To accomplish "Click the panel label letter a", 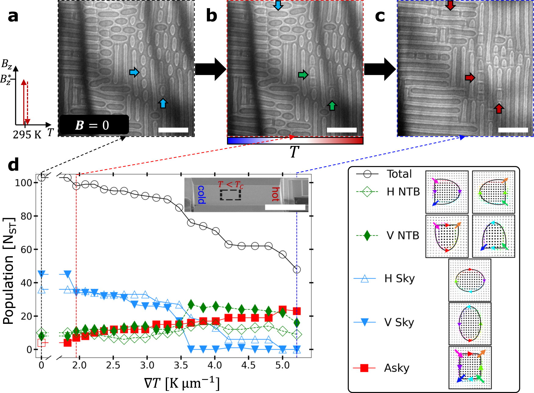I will tap(13, 16).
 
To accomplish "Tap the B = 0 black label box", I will tap(94, 125).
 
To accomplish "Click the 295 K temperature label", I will tap(27, 135).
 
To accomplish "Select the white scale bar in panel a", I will tap(173, 130).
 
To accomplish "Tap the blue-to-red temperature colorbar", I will tap(295, 140).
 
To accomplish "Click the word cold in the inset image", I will tap(201, 195).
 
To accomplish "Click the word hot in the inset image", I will tap(275, 194).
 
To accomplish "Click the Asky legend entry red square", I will tap(364, 368).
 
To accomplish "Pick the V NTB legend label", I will tap(403, 235).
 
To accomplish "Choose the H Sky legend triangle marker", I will tap(364, 278).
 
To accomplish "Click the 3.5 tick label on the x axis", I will tap(181, 365).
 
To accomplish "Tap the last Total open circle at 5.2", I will tap(297, 270).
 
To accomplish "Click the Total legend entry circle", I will tap(367, 174).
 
